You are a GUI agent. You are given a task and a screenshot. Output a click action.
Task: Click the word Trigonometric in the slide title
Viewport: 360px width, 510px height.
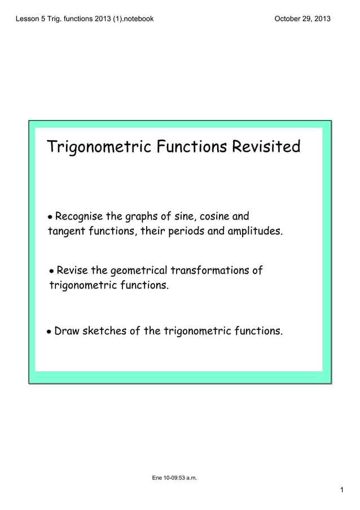(99, 148)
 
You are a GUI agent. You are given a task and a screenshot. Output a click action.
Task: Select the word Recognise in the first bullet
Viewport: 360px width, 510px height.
(81, 216)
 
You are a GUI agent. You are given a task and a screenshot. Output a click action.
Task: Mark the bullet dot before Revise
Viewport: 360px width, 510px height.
(52, 272)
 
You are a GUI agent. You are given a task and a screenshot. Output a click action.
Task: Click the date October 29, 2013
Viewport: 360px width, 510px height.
(302, 19)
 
